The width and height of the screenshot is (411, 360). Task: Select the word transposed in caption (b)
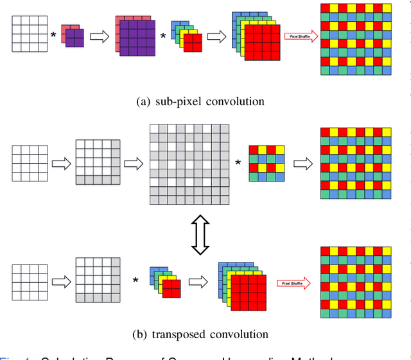182,334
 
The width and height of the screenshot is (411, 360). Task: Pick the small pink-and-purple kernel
73,37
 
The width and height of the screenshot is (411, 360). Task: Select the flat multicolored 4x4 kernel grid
267,163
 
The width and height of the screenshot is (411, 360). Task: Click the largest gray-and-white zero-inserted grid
189,164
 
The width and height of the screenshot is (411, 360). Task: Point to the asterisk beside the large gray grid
238,164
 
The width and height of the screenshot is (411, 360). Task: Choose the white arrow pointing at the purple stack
99,37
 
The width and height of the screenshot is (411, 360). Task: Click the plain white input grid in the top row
30,34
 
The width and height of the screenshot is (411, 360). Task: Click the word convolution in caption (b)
242,334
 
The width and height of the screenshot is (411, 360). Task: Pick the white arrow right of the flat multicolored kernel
302,164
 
